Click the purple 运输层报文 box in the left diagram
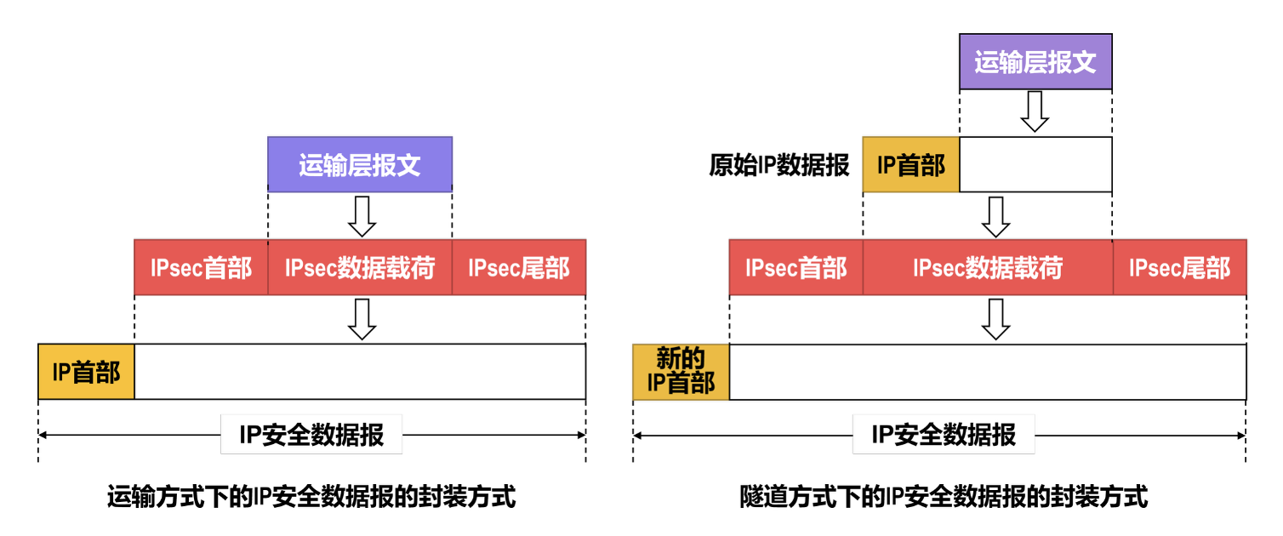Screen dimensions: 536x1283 [x=359, y=164]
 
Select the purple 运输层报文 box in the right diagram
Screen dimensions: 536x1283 [x=1035, y=62]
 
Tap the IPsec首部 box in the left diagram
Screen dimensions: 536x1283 [x=201, y=268]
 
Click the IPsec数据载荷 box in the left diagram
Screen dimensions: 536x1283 [x=359, y=268]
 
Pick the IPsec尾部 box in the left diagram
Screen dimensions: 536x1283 [x=518, y=268]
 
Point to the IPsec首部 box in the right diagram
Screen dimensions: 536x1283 [x=795, y=268]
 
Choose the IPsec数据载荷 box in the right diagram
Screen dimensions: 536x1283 [x=988, y=268]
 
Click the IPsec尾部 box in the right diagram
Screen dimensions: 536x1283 [x=1179, y=268]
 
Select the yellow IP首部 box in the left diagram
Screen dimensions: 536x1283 [x=86, y=372]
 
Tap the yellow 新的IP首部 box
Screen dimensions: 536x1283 [x=681, y=372]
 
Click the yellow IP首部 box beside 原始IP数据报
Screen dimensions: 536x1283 [x=910, y=164]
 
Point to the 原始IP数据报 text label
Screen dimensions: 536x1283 [x=779, y=164]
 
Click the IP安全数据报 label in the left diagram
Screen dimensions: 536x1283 [x=311, y=436]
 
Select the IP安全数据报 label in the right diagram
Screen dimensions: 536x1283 [x=944, y=436]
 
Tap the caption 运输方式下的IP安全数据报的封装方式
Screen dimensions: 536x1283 [x=311, y=496]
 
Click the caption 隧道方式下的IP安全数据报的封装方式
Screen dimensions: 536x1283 [x=944, y=496]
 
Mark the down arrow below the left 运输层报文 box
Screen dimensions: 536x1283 [x=362, y=217]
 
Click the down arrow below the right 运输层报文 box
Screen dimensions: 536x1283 [x=1035, y=111]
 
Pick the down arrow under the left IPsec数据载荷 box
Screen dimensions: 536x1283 [x=362, y=319]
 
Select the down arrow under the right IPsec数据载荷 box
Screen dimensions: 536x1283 [x=995, y=319]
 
